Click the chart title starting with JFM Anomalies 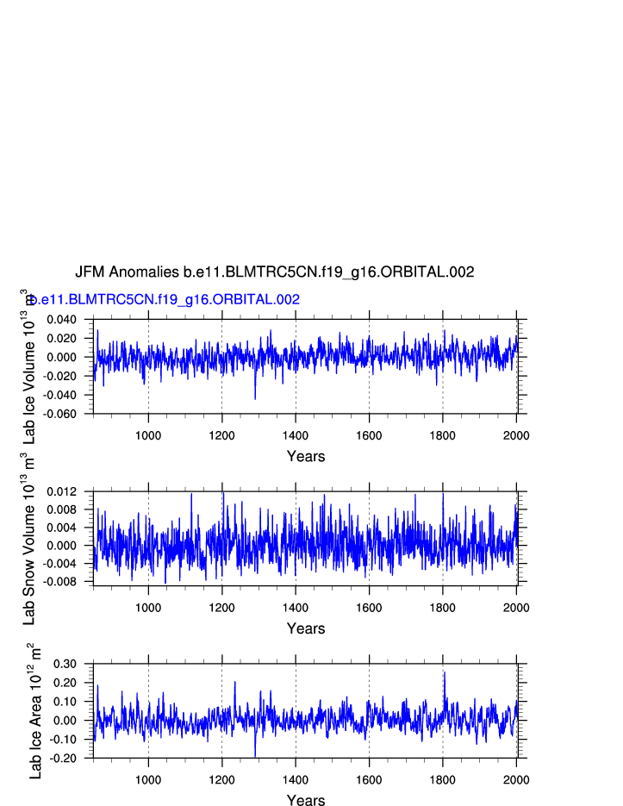(274, 272)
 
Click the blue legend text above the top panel (164, 300)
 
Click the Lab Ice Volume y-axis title (28, 366)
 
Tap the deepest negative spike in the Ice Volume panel (255, 398)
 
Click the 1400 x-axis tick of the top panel (296, 434)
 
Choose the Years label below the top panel (305, 457)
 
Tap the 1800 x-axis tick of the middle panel (443, 607)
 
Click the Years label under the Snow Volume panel (305, 629)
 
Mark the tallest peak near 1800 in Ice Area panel (445, 672)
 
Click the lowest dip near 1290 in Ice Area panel (255, 756)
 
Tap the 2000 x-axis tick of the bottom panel (515, 779)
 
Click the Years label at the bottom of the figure (305, 801)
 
